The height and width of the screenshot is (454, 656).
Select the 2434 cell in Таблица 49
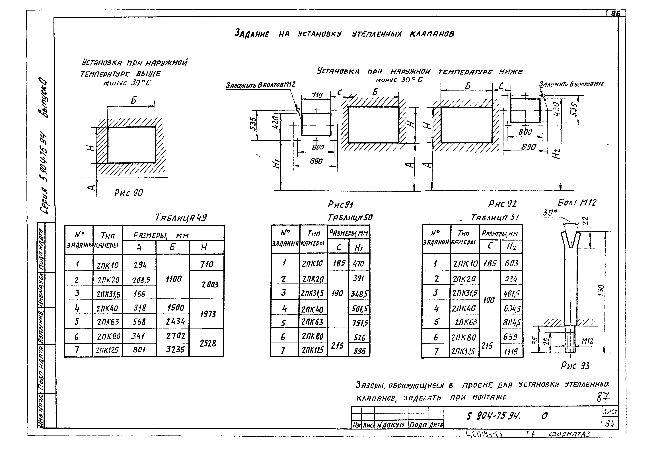pyautogui.click(x=175, y=321)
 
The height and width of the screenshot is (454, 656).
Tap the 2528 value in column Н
pyautogui.click(x=208, y=343)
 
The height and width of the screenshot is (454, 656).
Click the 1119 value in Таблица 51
pyautogui.click(x=511, y=352)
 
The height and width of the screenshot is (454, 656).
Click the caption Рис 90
pyautogui.click(x=129, y=193)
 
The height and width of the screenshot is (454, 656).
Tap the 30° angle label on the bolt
pyautogui.click(x=550, y=213)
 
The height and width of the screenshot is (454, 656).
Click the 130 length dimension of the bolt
pyautogui.click(x=601, y=290)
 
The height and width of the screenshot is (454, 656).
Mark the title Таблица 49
pyautogui.click(x=181, y=218)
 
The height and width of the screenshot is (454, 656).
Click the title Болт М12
pyautogui.click(x=577, y=203)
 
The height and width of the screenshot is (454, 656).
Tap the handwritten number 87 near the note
pyautogui.click(x=603, y=397)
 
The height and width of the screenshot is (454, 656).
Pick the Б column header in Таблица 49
pyautogui.click(x=172, y=247)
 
